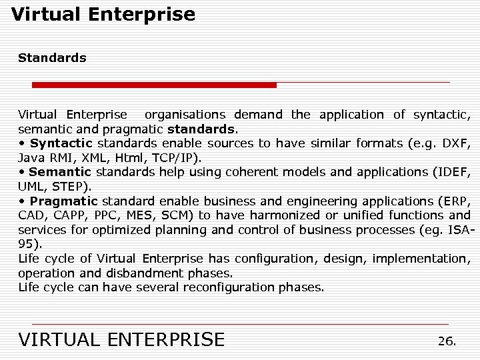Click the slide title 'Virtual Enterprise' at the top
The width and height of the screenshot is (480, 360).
coord(103,15)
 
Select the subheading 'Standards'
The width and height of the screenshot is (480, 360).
coord(52,58)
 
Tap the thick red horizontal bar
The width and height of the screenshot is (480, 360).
coord(154,85)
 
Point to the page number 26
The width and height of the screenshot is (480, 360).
coord(447,341)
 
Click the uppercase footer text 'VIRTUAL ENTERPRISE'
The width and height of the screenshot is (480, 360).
coord(122,340)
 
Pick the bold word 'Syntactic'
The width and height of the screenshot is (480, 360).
coord(61,143)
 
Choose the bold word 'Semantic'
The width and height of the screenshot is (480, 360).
coord(60,172)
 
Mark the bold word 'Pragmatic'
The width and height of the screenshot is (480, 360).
coord(64,201)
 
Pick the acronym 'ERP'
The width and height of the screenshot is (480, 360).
coord(455,201)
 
